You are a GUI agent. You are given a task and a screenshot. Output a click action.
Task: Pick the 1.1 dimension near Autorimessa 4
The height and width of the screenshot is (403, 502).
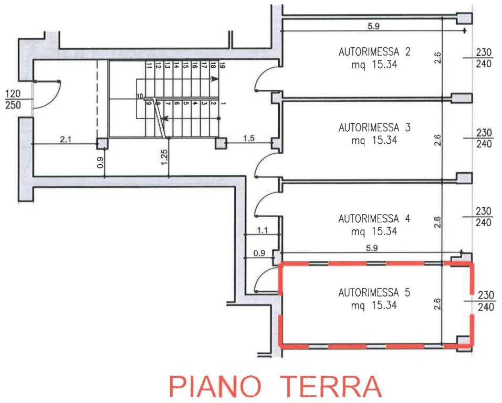[x=263, y=230]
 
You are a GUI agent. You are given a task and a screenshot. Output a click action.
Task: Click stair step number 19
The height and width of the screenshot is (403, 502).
[x=222, y=66]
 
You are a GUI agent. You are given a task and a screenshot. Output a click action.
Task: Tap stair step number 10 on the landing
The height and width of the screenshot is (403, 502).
[x=140, y=96]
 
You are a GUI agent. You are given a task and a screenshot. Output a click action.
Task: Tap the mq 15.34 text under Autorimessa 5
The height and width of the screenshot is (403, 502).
[x=373, y=305]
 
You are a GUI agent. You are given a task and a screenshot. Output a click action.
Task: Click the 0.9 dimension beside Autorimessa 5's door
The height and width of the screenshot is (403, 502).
[x=259, y=253]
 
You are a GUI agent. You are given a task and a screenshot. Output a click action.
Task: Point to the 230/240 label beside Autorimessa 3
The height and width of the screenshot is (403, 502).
[x=484, y=139]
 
